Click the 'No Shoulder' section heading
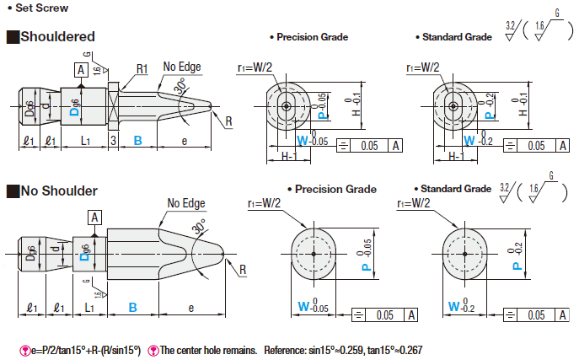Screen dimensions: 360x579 (x=59, y=191)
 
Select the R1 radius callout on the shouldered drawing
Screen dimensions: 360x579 (x=143, y=68)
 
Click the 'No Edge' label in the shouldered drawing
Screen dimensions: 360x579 (x=182, y=66)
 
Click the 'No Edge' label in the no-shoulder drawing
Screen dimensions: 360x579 (x=186, y=203)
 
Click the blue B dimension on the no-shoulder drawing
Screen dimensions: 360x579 (x=132, y=308)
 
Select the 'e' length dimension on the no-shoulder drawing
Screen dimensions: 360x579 (x=191, y=308)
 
